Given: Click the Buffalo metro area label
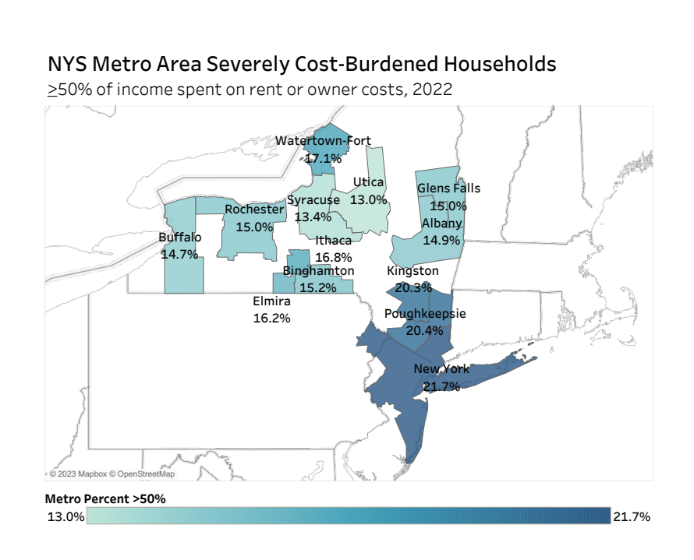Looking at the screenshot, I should (180, 238).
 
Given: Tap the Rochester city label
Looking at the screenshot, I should (254, 210).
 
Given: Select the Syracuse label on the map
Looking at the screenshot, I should (313, 200).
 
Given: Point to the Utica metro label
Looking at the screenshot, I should (368, 182).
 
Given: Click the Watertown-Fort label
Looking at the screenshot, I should (324, 141).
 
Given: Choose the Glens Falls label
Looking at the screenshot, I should (448, 188).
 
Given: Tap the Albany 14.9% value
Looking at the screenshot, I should (442, 241).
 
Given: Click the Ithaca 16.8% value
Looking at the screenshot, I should (334, 257).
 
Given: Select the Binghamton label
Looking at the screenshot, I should (318, 271).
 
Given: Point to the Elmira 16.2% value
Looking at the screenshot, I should (272, 318).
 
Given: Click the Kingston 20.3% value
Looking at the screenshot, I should (413, 287).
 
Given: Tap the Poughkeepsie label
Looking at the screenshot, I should (425, 314).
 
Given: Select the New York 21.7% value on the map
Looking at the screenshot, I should (441, 386).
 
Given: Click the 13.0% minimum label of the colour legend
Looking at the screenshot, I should (66, 516).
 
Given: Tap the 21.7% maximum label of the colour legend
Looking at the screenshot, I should (632, 516).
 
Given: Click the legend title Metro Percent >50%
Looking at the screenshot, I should (105, 498).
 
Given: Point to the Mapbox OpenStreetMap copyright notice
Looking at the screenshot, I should (112, 474).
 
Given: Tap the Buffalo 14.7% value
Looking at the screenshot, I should (180, 254).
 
